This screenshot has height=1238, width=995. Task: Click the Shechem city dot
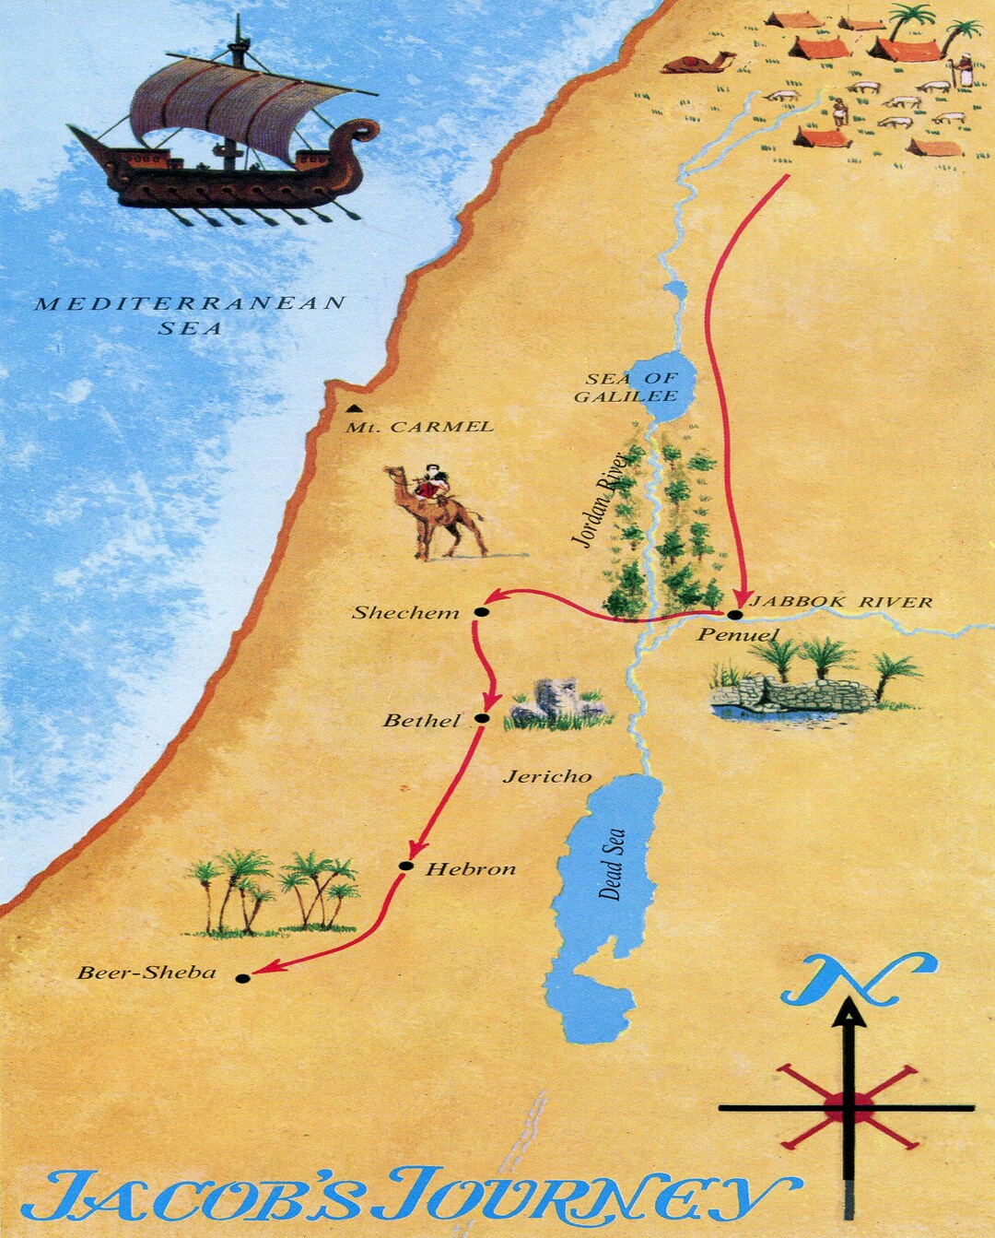coord(480,611)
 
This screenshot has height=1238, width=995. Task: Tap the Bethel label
coord(421,721)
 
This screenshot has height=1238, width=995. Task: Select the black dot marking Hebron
coord(405,865)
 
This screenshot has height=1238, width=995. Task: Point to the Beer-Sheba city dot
coord(242,978)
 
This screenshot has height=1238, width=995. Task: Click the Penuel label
coord(737,634)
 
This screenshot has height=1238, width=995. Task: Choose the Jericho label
coord(547,776)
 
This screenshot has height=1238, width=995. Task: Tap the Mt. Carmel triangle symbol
coord(353,408)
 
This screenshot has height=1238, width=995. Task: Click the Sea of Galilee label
coord(631,387)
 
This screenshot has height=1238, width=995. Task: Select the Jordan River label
coord(600,499)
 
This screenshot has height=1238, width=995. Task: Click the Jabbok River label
coord(840,602)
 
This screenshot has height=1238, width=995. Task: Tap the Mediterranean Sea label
coord(190,314)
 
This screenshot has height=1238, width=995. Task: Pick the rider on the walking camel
coord(431,484)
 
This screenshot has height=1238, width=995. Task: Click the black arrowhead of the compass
coord(849,1014)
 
